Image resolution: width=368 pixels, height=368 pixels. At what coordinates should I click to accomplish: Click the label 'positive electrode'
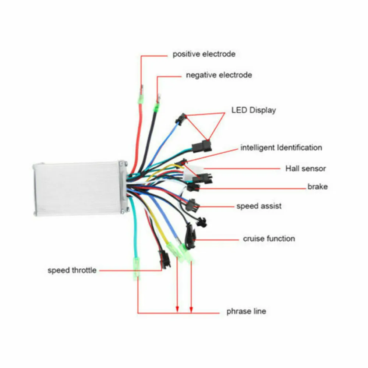[204, 54]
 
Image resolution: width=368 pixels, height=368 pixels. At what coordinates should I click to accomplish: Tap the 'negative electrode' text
[219, 75]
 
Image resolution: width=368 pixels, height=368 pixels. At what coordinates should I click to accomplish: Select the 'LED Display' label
[253, 110]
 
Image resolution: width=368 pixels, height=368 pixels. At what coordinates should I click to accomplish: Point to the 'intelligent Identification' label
[281, 148]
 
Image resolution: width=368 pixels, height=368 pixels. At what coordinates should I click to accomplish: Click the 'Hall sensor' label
[305, 169]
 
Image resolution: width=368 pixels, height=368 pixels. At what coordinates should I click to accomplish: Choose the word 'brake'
[317, 187]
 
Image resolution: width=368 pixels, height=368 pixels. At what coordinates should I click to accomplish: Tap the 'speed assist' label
[259, 206]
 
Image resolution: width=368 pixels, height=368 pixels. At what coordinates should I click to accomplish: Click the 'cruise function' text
[269, 238]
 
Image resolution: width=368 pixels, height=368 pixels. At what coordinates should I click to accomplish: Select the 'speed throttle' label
[72, 270]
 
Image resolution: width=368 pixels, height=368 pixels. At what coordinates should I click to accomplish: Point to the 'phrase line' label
[246, 311]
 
